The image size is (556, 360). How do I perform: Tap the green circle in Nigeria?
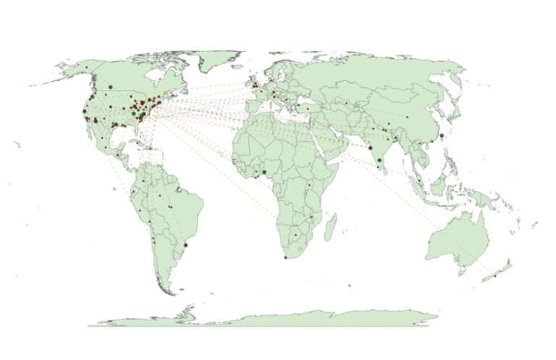[x=264, y=172]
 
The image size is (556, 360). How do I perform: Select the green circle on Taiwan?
[x=442, y=135]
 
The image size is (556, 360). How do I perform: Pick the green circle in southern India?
[x=379, y=160]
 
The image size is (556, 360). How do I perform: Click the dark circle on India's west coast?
[x=371, y=148]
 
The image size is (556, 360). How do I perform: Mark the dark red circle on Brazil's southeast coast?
[x=186, y=245]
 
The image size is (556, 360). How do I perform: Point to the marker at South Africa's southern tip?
[x=287, y=257]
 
